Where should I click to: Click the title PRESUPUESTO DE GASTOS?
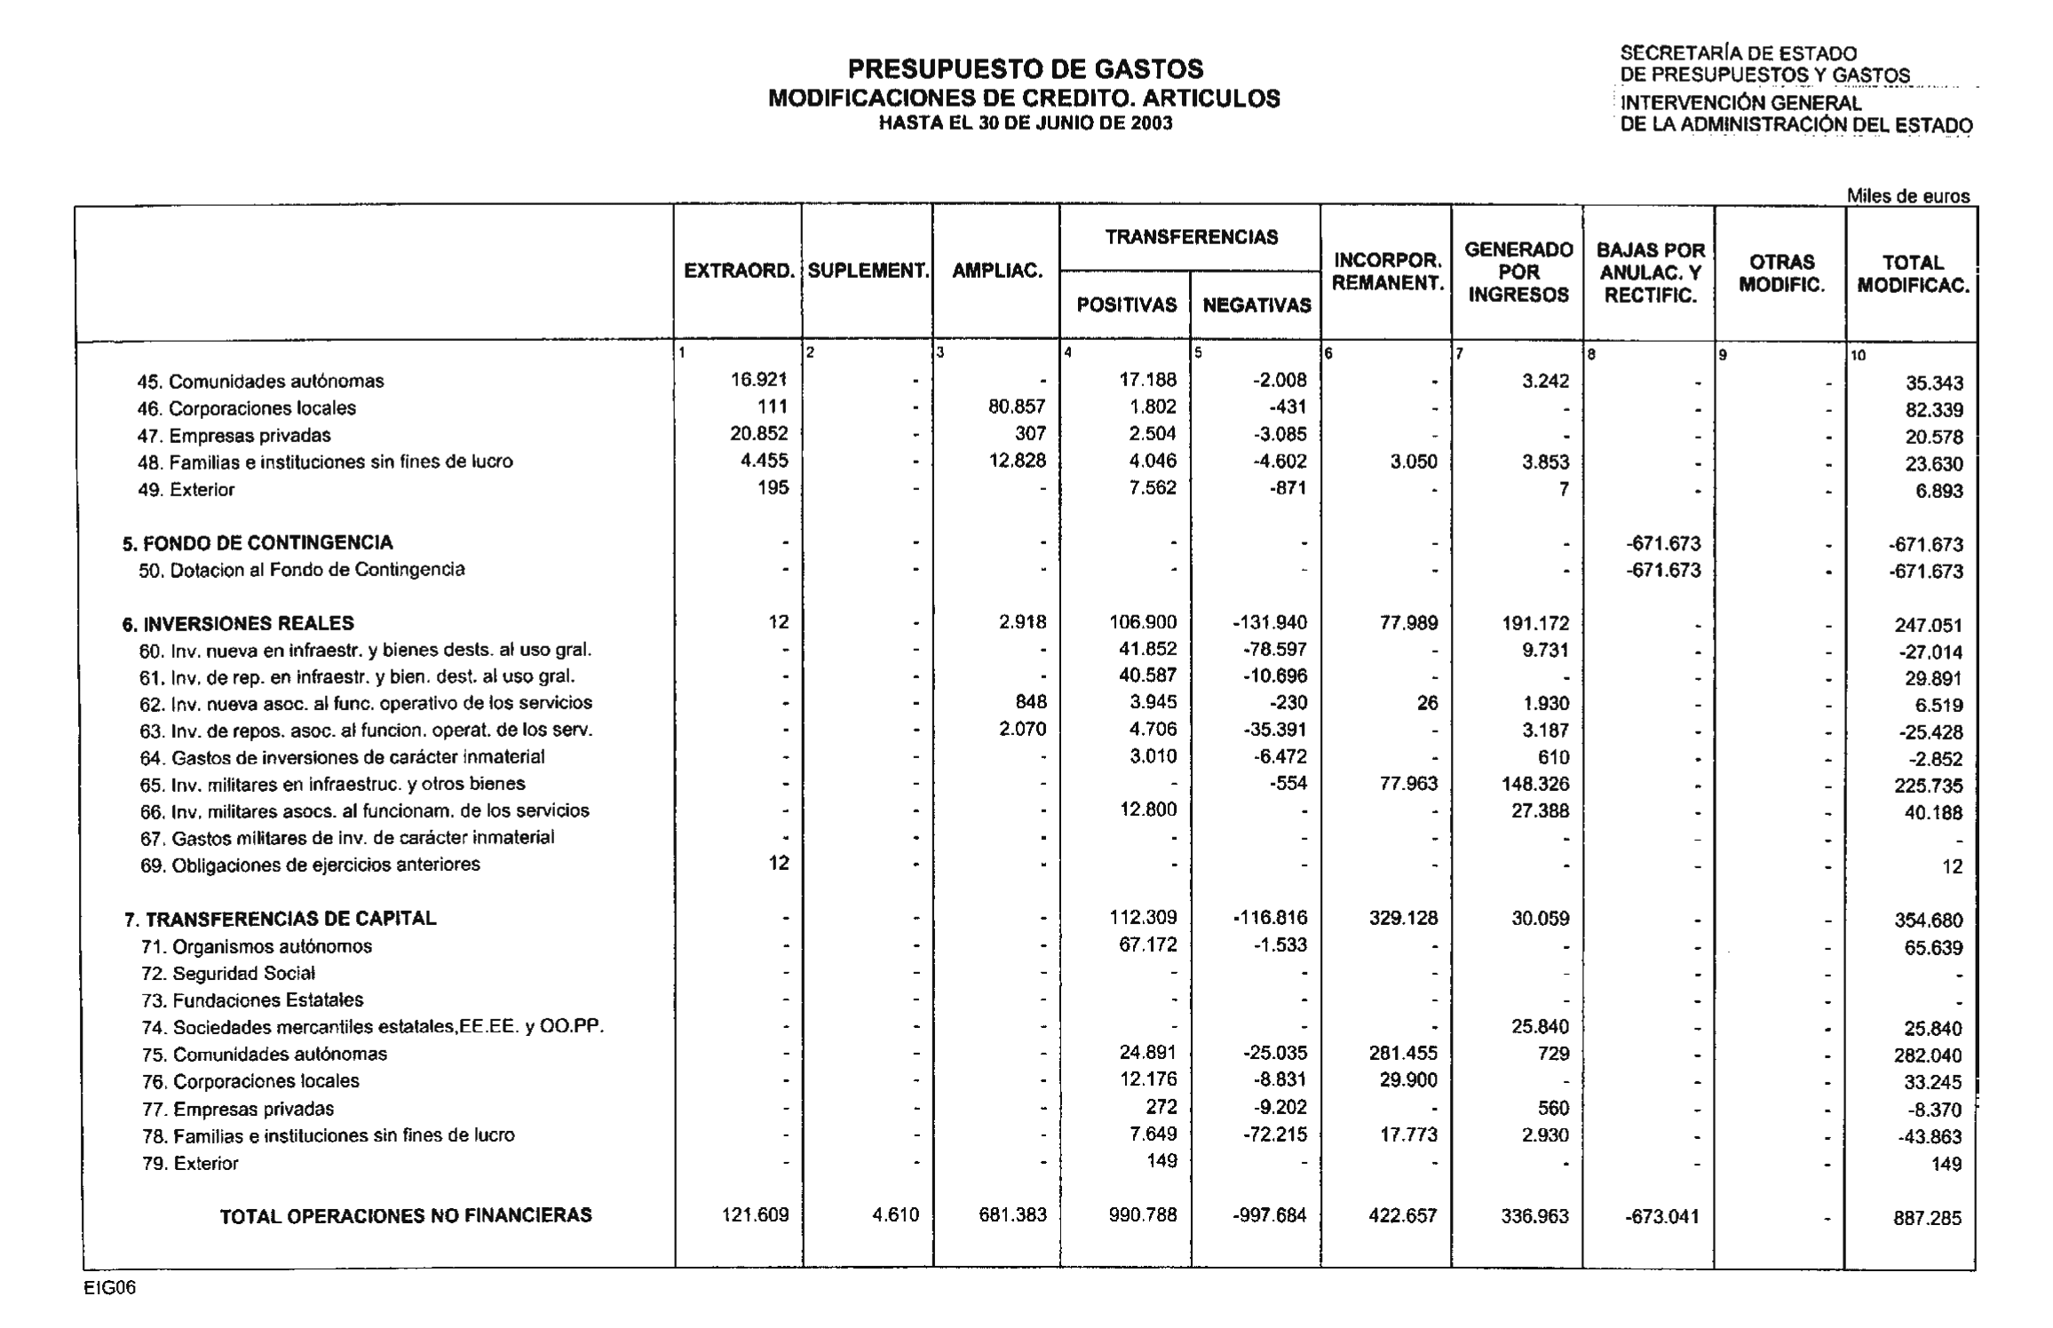(x=1025, y=68)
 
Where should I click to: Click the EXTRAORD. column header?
(x=738, y=272)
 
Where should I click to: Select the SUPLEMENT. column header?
(x=868, y=272)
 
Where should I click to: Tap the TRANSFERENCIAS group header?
(x=1191, y=237)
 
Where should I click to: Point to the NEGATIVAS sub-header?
(x=1256, y=305)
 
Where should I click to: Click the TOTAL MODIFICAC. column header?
(x=1913, y=274)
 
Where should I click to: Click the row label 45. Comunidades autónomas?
(x=260, y=382)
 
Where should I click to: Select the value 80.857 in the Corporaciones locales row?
(x=1017, y=407)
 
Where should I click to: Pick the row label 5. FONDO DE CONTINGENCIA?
(x=258, y=542)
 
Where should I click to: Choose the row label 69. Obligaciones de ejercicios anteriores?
(x=310, y=865)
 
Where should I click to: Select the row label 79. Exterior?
(x=190, y=1163)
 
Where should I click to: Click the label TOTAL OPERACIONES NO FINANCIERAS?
(x=406, y=1215)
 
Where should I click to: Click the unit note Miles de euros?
(x=1907, y=196)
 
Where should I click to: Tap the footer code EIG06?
(x=110, y=1289)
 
